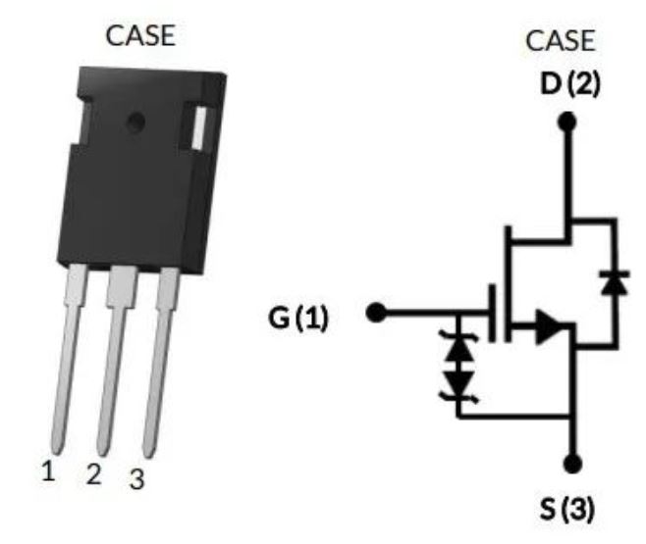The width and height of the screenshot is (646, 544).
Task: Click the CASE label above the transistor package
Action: click(140, 37)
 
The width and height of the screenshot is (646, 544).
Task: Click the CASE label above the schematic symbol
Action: click(561, 41)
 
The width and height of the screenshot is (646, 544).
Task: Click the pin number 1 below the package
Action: click(47, 470)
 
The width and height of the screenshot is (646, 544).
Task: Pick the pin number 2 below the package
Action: click(93, 475)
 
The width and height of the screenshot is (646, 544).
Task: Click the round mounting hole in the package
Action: click(135, 123)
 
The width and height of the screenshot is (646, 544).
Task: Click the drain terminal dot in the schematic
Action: click(565, 122)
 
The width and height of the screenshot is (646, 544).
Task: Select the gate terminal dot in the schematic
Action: click(374, 314)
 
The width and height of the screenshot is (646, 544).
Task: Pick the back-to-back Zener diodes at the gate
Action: click(457, 368)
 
